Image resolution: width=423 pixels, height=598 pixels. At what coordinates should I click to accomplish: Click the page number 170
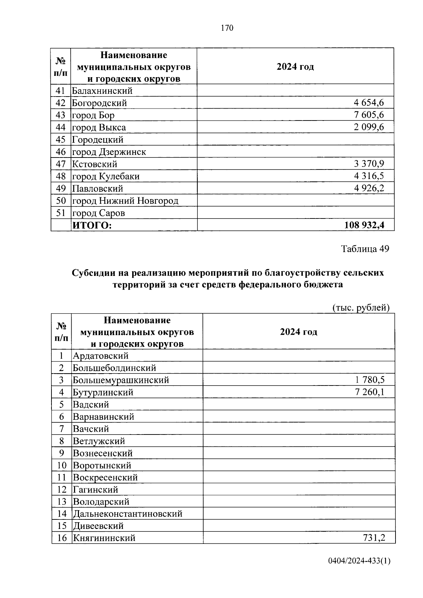pyautogui.click(x=227, y=28)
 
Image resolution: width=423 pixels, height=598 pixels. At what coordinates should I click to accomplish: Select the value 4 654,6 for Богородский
pyautogui.click(x=369, y=103)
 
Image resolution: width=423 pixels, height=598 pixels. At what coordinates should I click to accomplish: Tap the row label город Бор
pyautogui.click(x=93, y=115)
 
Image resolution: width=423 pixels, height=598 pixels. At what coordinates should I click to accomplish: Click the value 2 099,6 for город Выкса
pyautogui.click(x=369, y=127)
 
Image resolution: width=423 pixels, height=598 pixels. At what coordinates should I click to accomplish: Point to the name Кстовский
pyautogui.click(x=95, y=164)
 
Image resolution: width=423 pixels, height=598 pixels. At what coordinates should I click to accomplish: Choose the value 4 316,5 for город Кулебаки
pyautogui.click(x=369, y=176)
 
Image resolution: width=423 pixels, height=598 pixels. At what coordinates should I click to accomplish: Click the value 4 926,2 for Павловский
pyautogui.click(x=369, y=188)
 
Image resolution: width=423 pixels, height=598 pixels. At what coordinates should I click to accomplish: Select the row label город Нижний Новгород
pyautogui.click(x=125, y=201)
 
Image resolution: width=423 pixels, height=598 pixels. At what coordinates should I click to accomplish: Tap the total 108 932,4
pyautogui.click(x=364, y=225)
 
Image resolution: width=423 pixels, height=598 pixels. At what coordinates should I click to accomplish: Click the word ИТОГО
pyautogui.click(x=92, y=226)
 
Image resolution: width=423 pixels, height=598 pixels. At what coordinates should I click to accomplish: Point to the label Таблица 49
pyautogui.click(x=365, y=249)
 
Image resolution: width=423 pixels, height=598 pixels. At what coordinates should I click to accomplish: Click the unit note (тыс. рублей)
pyautogui.click(x=361, y=308)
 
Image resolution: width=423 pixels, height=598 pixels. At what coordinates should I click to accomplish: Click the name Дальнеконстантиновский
pyautogui.click(x=128, y=514)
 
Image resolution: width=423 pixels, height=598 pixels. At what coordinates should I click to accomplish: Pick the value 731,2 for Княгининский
pyautogui.click(x=374, y=538)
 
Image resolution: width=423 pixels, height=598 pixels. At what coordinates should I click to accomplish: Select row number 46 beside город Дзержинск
pyautogui.click(x=61, y=152)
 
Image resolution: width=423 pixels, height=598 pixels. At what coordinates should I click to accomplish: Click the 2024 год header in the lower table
pyautogui.click(x=299, y=332)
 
